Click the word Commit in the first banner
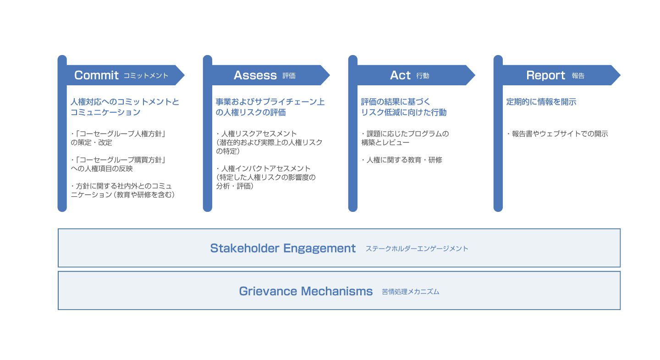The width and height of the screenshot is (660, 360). [96, 75]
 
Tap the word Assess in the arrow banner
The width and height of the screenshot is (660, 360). [255, 75]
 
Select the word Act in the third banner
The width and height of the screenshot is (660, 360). [400, 75]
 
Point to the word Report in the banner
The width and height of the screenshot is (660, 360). [545, 75]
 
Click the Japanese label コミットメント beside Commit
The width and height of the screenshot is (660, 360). [146, 76]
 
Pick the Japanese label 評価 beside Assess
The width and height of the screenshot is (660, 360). [289, 76]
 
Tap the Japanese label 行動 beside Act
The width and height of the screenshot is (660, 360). [423, 76]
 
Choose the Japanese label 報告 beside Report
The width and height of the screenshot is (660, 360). [578, 76]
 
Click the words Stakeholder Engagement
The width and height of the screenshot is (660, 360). [283, 248]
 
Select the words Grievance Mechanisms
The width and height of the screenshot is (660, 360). [306, 291]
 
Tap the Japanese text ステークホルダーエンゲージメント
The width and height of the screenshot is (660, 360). [417, 249]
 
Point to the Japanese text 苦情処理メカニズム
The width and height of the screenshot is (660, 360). [410, 292]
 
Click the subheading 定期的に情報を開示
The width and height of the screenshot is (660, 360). [541, 102]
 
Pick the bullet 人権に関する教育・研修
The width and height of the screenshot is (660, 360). [404, 160]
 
